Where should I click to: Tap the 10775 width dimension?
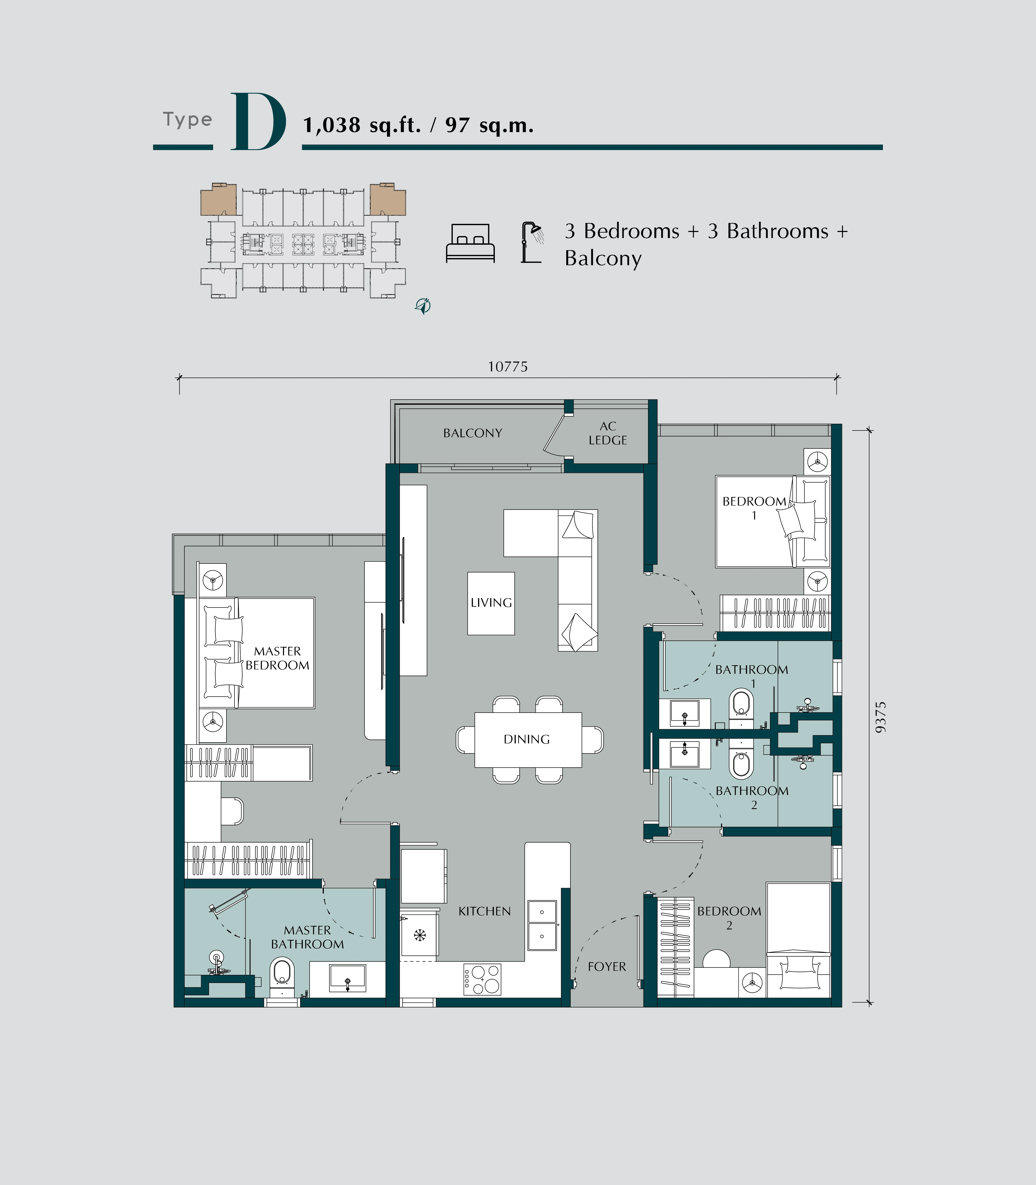tap(508, 367)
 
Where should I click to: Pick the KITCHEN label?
tap(484, 911)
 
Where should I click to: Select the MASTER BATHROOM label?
tap(308, 937)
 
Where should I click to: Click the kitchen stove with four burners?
tap(482, 979)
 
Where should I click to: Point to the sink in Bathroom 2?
tap(684, 754)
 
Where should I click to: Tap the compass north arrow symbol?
tap(423, 306)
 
